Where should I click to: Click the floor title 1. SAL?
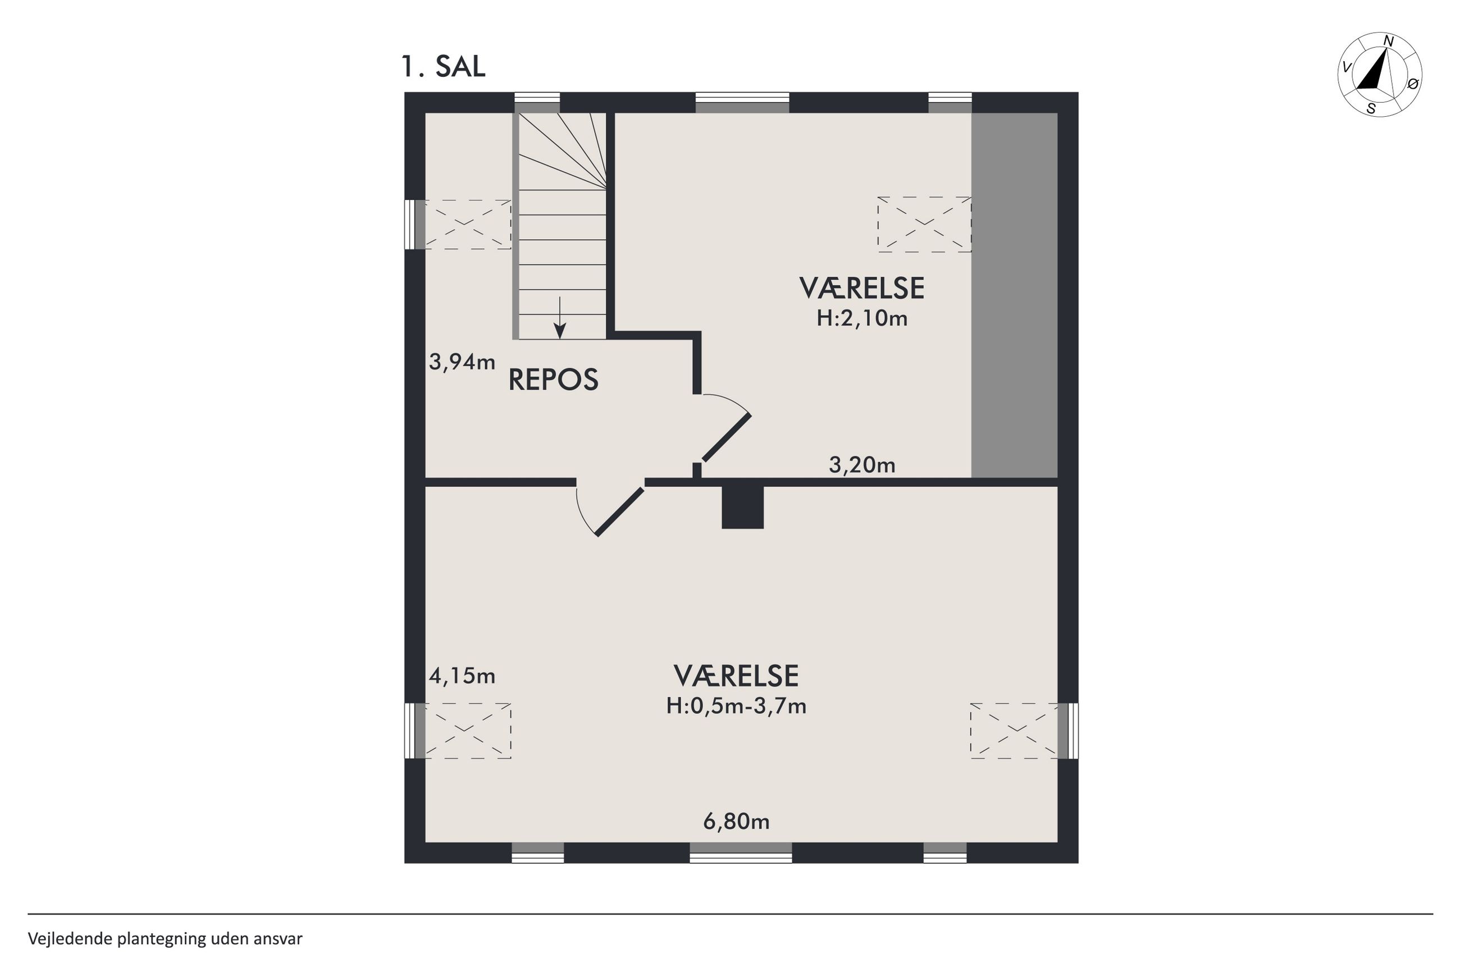pos(443,66)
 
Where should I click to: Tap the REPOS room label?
pos(553,380)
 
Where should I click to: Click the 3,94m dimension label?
pos(462,361)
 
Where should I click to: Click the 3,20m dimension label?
pos(862,464)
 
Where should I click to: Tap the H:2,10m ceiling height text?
pos(862,318)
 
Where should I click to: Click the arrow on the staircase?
pos(560,318)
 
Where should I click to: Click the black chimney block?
pos(742,507)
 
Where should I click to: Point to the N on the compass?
pos(1388,42)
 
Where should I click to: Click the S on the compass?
pos(1371,108)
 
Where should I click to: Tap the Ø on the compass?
pos(1413,84)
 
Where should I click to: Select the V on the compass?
pos(1347,67)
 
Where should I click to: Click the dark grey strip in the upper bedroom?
pos(1014,295)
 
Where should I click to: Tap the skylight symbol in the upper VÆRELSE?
pos(924,224)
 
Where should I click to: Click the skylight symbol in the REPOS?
pos(467,224)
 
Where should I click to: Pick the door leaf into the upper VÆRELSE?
pos(726,438)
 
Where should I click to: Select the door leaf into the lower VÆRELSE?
pos(620,512)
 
